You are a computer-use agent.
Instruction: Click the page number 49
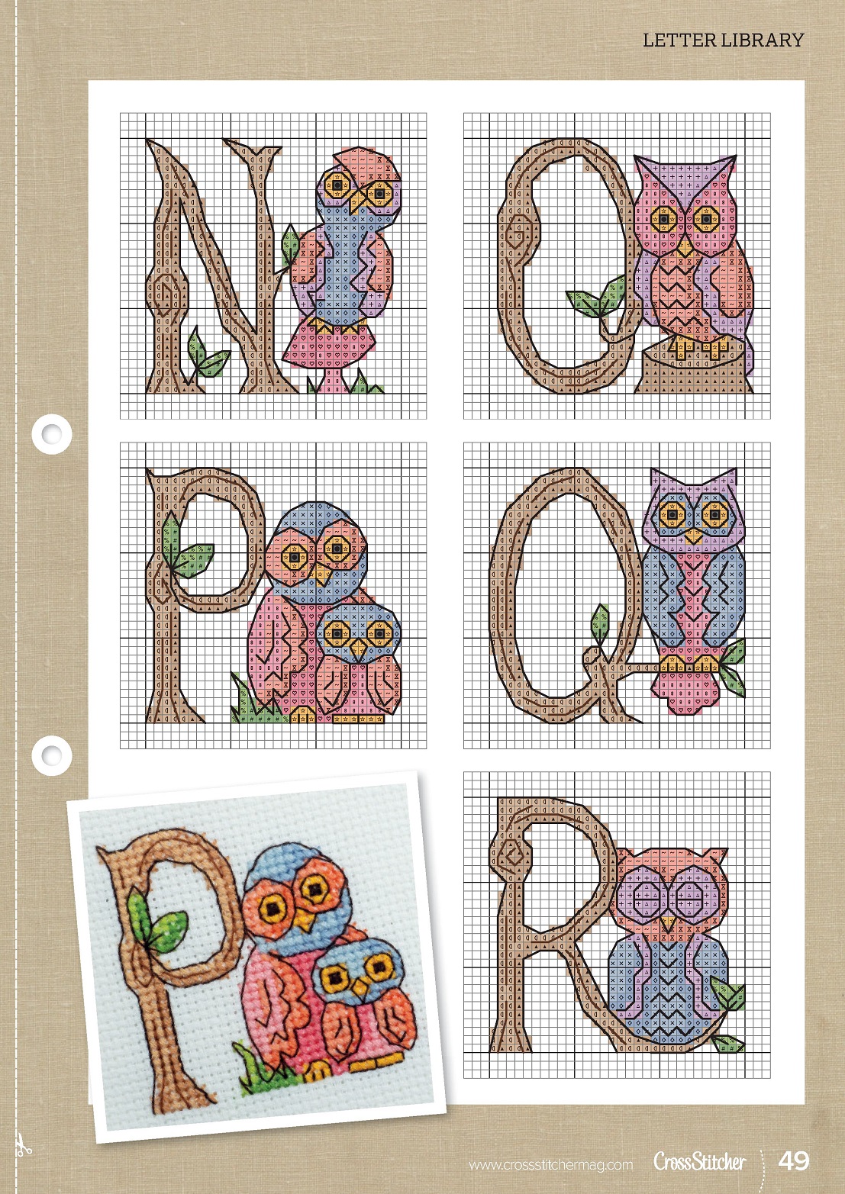click(x=794, y=1161)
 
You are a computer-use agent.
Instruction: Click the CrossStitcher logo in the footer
click(x=700, y=1161)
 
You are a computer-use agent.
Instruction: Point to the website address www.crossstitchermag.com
click(x=551, y=1165)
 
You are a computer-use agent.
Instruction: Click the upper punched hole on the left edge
click(x=52, y=433)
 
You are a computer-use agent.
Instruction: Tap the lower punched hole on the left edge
click(x=52, y=755)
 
